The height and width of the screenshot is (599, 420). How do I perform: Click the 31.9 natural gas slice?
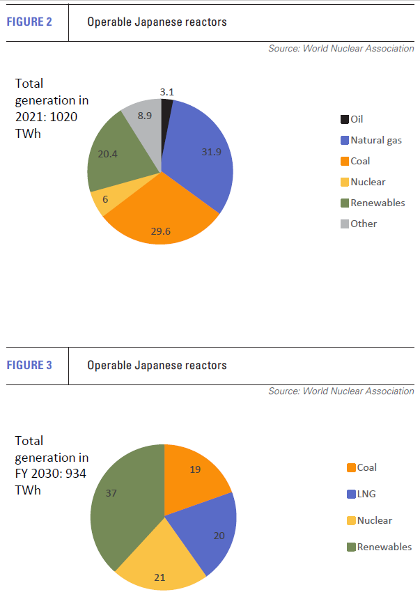pos(202,153)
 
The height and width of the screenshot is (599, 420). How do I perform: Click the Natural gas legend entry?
pos(376,140)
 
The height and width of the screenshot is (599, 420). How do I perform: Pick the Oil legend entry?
pos(357,119)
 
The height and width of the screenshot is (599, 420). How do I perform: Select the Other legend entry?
pos(364,224)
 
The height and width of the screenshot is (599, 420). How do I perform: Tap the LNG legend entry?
pos(366,494)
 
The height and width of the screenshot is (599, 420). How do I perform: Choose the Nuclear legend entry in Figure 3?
pos(374,520)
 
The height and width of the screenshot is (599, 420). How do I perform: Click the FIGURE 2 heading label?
pos(30,22)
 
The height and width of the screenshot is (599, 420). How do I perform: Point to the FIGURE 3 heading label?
pos(30,365)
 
